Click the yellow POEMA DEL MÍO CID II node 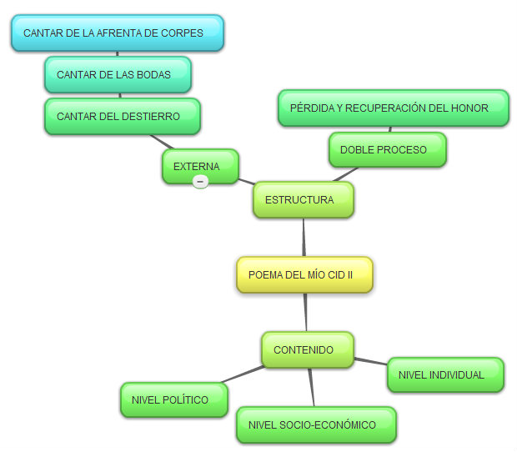[304, 274]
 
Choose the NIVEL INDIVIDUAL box [445, 375]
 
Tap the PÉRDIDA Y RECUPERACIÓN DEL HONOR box [393, 108]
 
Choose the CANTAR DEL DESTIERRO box [123, 117]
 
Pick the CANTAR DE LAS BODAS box [118, 75]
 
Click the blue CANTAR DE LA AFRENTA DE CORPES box [118, 33]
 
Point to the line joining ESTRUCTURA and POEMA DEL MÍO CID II [304, 238]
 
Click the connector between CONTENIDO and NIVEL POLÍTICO [243, 374]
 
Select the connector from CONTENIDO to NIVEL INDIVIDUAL [370, 362]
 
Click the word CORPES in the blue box [183, 33]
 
